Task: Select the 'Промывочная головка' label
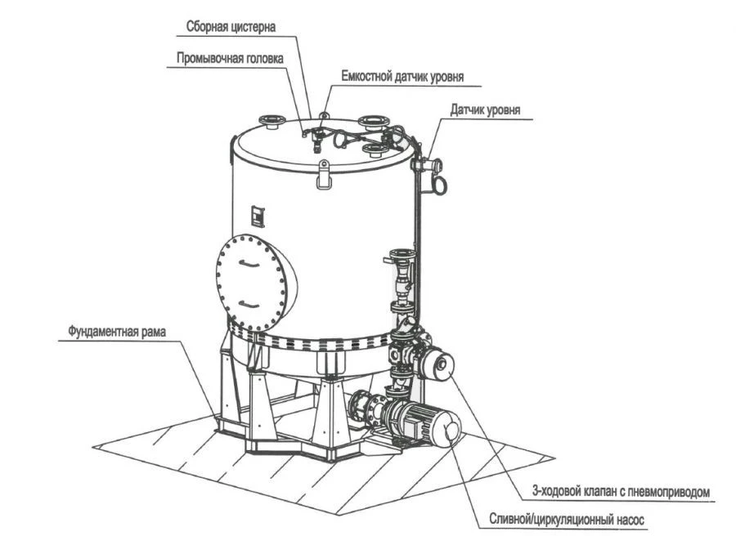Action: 230,58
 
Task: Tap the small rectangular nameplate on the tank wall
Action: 257,215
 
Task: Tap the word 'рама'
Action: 159,333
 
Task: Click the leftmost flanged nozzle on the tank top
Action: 271,123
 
